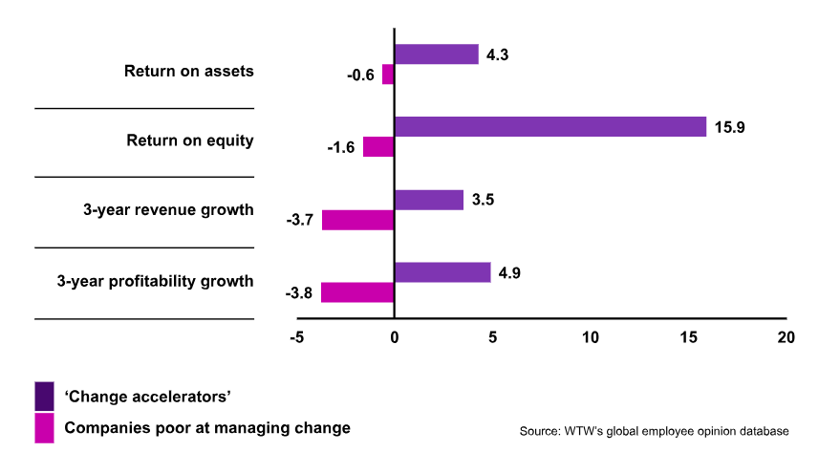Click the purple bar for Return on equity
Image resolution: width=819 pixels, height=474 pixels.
coord(550,127)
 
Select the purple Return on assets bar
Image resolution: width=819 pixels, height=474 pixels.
coord(436,54)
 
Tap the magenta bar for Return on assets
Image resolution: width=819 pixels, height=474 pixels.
coord(388,75)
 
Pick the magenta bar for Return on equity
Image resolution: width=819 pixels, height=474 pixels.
coord(378,147)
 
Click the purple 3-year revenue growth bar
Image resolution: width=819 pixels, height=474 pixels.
coord(428,200)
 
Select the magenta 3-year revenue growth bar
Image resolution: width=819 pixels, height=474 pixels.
coord(357,220)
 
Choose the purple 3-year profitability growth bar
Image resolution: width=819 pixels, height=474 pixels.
coord(442,272)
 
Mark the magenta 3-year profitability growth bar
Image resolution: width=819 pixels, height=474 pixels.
coord(357,292)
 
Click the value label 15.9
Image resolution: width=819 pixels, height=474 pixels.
coord(729,127)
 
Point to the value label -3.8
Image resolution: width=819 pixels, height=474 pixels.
coord(299,292)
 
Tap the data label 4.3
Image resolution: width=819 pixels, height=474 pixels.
coord(497,54)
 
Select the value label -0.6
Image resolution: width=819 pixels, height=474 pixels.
coord(360,75)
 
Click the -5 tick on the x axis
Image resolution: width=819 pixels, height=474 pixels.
coord(296,337)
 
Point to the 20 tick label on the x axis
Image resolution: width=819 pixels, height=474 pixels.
coord(786,337)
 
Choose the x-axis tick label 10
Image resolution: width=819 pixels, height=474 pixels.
coord(590,337)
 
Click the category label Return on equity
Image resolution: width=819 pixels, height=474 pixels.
coord(189,140)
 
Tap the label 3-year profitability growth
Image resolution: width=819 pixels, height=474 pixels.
coord(155,281)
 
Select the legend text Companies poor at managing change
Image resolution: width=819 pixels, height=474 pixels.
coord(207,428)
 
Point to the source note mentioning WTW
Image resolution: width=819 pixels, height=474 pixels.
coord(654,432)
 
